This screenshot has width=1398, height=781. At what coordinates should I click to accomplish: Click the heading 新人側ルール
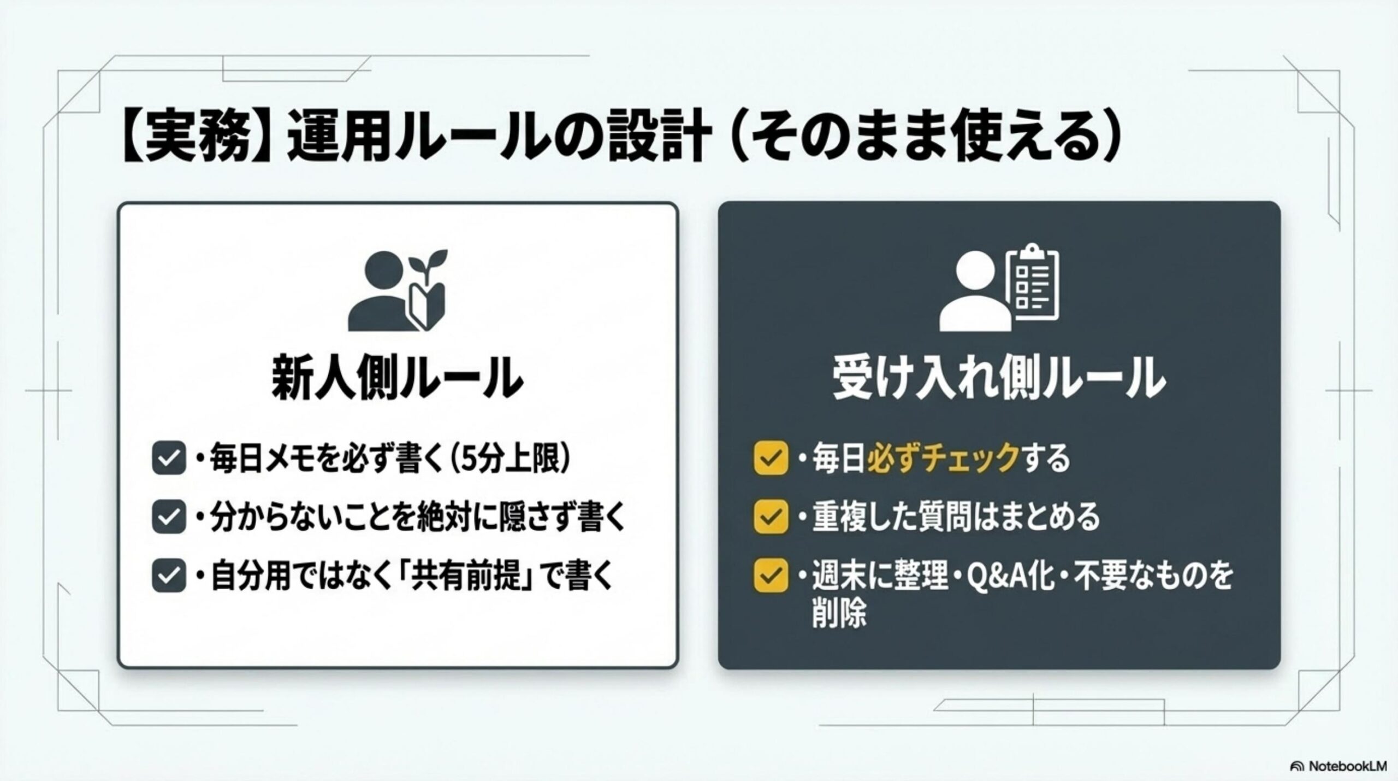(397, 377)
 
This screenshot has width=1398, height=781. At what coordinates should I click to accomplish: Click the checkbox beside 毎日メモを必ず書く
(169, 459)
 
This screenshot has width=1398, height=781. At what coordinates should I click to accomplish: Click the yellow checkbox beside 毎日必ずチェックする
(770, 458)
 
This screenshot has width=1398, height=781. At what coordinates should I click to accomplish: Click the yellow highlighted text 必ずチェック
(943, 458)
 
